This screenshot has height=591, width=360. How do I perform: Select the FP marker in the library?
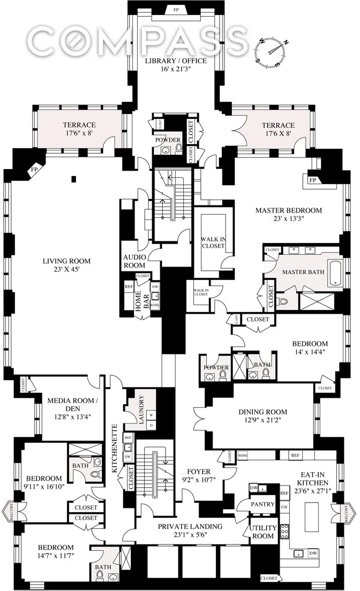pos(176,10)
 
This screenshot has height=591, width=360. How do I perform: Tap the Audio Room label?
pos(134,261)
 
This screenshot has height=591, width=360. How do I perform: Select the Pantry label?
pos(262,504)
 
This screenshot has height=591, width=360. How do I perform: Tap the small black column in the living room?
pos(74,179)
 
